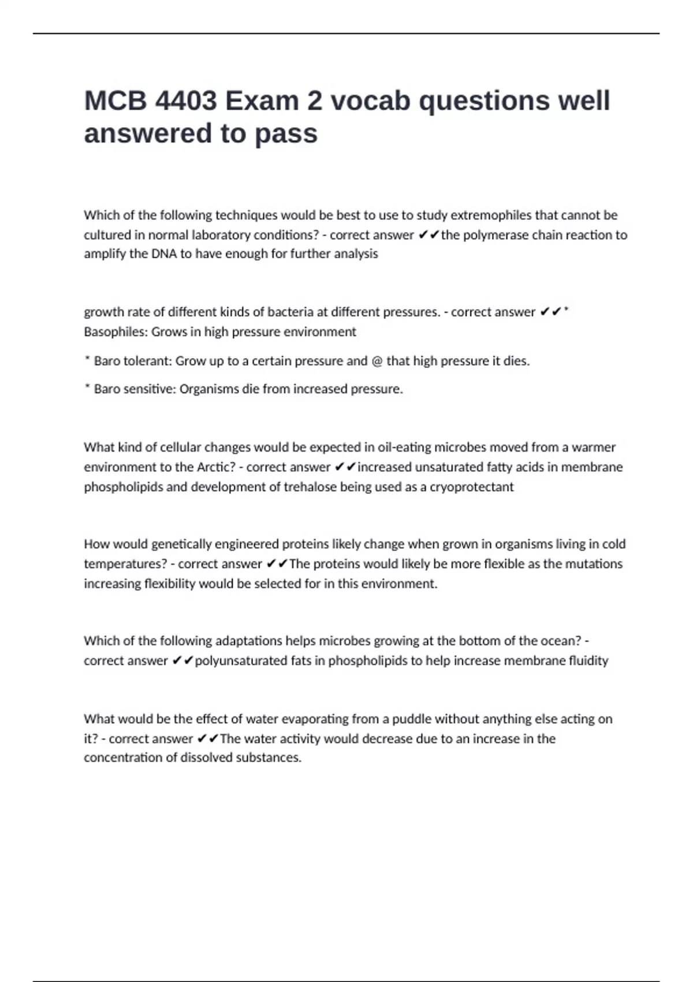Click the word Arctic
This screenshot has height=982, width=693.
216,467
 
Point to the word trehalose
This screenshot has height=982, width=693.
310,487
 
